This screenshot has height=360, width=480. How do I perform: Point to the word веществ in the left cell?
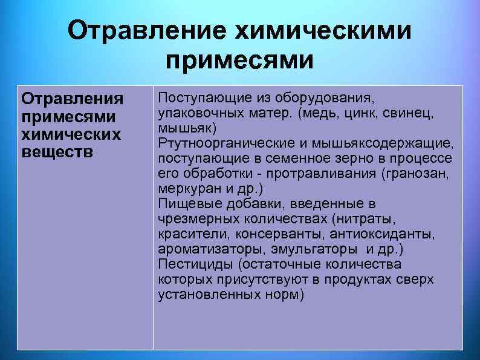click(x=57, y=151)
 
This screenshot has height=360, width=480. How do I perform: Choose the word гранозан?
click(x=418, y=174)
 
